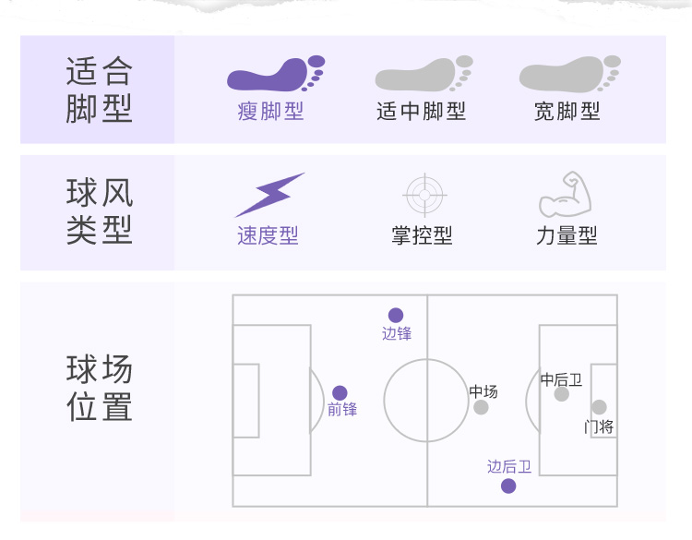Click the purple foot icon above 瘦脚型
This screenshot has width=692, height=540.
pos(275,74)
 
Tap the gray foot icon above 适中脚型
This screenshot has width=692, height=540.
pos(423,74)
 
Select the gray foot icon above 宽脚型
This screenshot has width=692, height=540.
pos(568,74)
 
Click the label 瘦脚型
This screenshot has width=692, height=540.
pos(270,112)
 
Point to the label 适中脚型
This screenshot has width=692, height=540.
pos(422,112)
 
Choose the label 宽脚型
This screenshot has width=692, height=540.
pos(567,112)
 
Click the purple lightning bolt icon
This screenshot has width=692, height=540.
pos(268,195)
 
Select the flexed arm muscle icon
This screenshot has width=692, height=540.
pos(565,194)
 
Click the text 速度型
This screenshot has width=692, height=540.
pos(268,236)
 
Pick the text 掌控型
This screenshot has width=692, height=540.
pos(422,236)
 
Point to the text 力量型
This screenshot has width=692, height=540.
pos(567,236)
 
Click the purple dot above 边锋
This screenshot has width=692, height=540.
pos(396,315)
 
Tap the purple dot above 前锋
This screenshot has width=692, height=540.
pos(340,393)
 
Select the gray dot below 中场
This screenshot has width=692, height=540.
pos(481,407)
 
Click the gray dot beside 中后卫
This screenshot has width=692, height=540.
pos(561,394)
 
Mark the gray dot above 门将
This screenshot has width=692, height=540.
pos(599,407)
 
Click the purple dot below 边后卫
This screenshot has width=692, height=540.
pos(508,486)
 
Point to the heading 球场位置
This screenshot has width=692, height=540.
pos(100,388)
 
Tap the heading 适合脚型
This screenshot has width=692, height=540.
pos(100,90)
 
